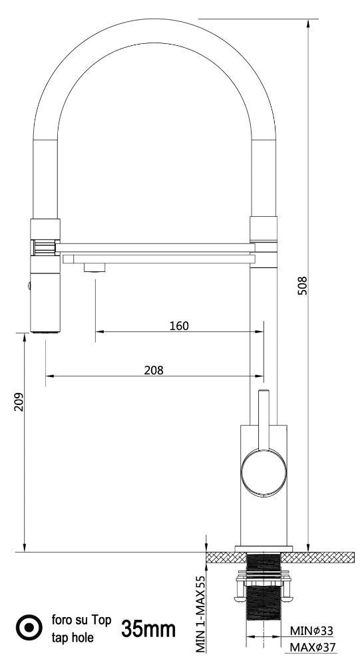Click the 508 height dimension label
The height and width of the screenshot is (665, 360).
coord(302,286)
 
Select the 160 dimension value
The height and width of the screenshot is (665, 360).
coord(179,326)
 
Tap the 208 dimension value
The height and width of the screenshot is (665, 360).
coord(154,370)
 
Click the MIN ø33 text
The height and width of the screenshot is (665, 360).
coord(311,631)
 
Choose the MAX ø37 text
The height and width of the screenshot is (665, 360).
coord(313,648)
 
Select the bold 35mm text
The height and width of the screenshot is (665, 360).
coord(148,629)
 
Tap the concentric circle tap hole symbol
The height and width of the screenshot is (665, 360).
coord(29,628)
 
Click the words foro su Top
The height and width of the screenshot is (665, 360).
coord(81,620)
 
